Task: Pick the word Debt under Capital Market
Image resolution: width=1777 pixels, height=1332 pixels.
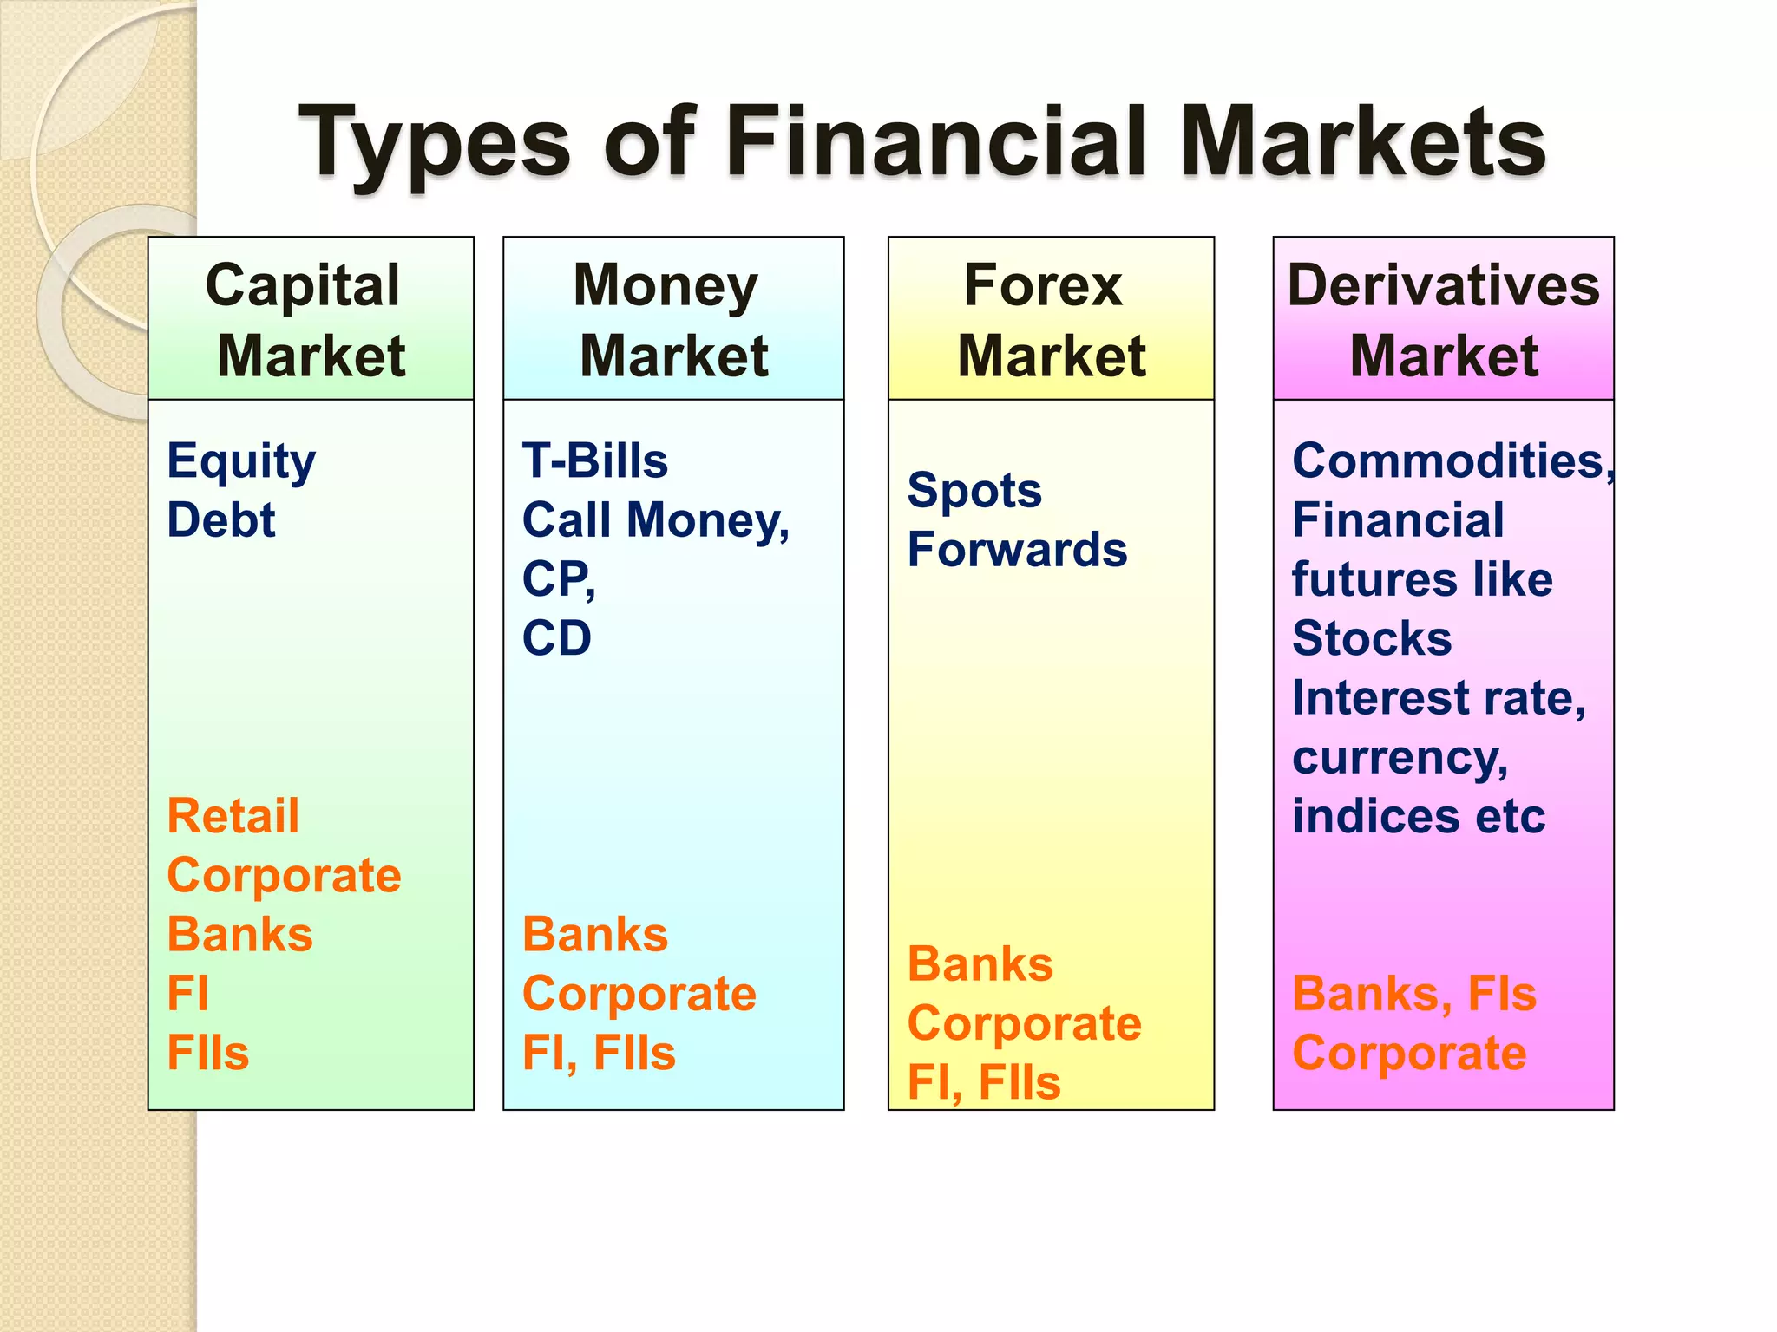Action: pyautogui.click(x=220, y=520)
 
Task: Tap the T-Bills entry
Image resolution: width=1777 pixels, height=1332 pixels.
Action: pyautogui.click(x=594, y=460)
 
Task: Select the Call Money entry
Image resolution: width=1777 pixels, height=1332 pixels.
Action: pyautogui.click(x=654, y=520)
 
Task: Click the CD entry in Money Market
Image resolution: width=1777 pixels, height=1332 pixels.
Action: pyautogui.click(x=556, y=638)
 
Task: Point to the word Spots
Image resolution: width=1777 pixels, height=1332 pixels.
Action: pyautogui.click(x=974, y=492)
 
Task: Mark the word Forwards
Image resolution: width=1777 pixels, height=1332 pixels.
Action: pyautogui.click(x=1017, y=550)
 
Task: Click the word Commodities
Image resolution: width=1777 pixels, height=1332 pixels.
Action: pyautogui.click(x=1451, y=460)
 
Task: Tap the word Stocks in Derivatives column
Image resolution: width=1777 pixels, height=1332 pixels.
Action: pyautogui.click(x=1371, y=639)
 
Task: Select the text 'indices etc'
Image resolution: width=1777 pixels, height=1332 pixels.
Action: pyautogui.click(x=1418, y=817)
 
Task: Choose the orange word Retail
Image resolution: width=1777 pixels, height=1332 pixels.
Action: pyautogui.click(x=233, y=817)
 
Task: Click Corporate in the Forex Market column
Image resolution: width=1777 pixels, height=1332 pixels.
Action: pyautogui.click(x=1024, y=1024)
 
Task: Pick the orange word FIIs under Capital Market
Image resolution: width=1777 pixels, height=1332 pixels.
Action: pyautogui.click(x=207, y=1054)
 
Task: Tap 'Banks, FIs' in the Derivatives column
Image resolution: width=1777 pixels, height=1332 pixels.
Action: pyautogui.click(x=1413, y=994)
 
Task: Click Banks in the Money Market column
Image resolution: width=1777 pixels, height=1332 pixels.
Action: pyautogui.click(x=594, y=935)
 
